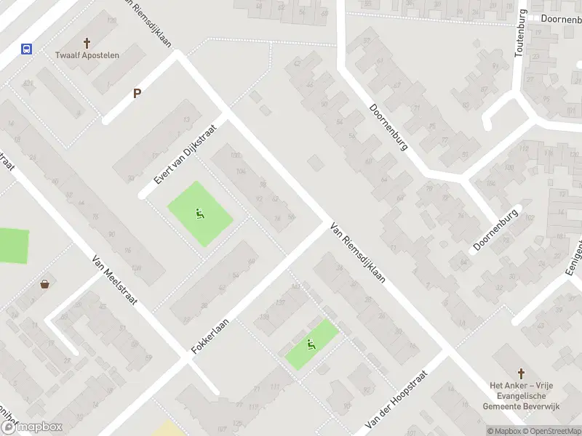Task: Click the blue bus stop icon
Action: pos(27,49)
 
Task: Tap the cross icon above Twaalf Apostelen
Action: pos(87,44)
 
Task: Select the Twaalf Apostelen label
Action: pos(87,55)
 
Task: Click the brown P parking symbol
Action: pos(136,93)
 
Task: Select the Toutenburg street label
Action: pos(521,32)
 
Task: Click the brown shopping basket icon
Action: pos(45,284)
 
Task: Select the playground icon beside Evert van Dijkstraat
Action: pos(199,214)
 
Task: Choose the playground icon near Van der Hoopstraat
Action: pos(311,344)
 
